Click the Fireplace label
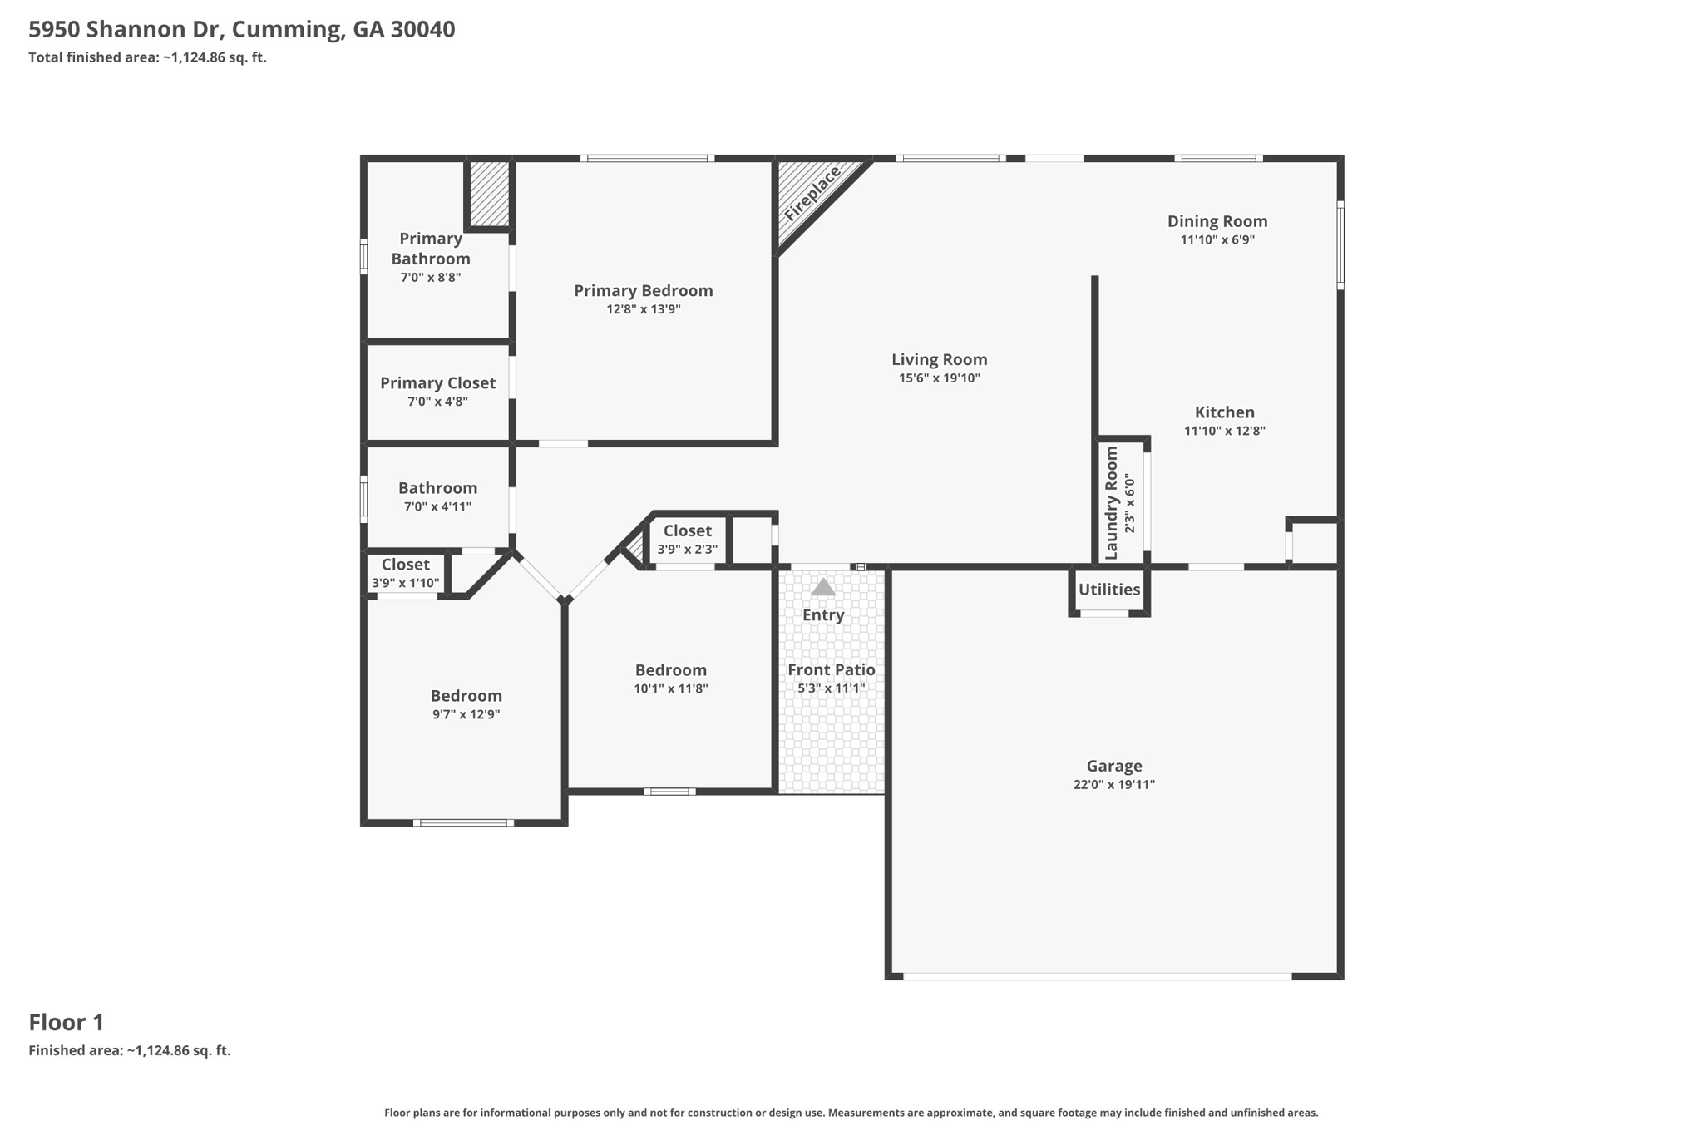click(812, 194)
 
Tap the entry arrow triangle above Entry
click(823, 587)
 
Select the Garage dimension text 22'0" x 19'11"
click(1114, 785)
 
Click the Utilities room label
click(1109, 590)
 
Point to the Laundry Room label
click(1112, 503)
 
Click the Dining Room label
click(1217, 221)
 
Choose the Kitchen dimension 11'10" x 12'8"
click(1225, 431)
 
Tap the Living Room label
click(940, 359)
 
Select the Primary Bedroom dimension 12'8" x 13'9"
click(644, 309)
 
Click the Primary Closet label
click(437, 383)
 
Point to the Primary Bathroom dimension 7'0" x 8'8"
click(431, 278)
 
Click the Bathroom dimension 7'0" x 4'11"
click(438, 506)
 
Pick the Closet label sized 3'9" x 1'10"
click(406, 565)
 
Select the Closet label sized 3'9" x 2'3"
click(688, 530)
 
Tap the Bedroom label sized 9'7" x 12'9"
click(466, 696)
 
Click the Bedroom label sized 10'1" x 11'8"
click(671, 670)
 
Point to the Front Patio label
click(832, 670)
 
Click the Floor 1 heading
click(67, 1023)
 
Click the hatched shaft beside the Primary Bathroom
click(490, 193)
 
